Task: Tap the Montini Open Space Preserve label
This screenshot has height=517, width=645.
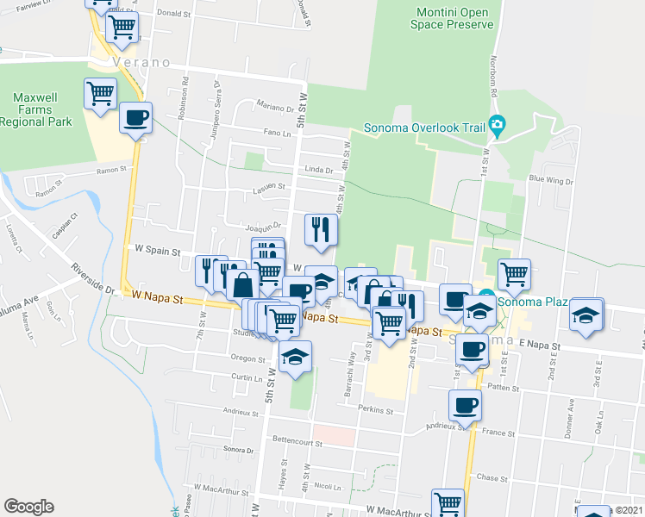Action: click(453, 18)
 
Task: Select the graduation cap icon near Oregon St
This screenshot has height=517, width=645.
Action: click(295, 358)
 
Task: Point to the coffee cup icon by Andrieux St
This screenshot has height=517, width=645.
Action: click(465, 404)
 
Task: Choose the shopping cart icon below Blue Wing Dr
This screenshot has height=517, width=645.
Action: click(514, 274)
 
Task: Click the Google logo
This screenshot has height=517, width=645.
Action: click(28, 506)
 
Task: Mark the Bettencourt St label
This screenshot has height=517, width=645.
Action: click(297, 445)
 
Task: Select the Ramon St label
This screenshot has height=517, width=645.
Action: click(111, 171)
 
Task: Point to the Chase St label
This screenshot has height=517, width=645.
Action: click(489, 477)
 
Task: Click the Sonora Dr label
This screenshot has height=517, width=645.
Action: click(239, 450)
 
